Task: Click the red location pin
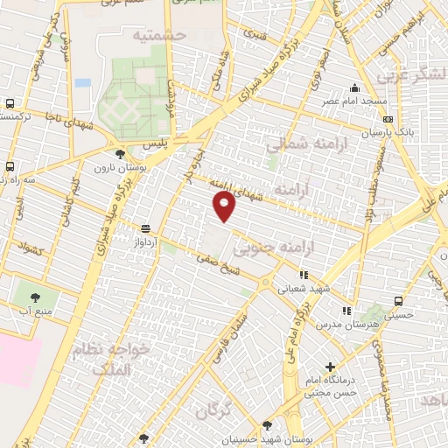(x=225, y=206)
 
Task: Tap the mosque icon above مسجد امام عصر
(x=354, y=87)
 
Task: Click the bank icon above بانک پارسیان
(x=388, y=119)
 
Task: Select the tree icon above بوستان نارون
(x=119, y=153)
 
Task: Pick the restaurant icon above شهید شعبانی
(x=304, y=275)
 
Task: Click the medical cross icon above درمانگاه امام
(x=330, y=367)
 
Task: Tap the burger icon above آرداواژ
(x=144, y=227)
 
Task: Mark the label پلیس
(x=178, y=140)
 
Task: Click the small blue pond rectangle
(x=82, y=82)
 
